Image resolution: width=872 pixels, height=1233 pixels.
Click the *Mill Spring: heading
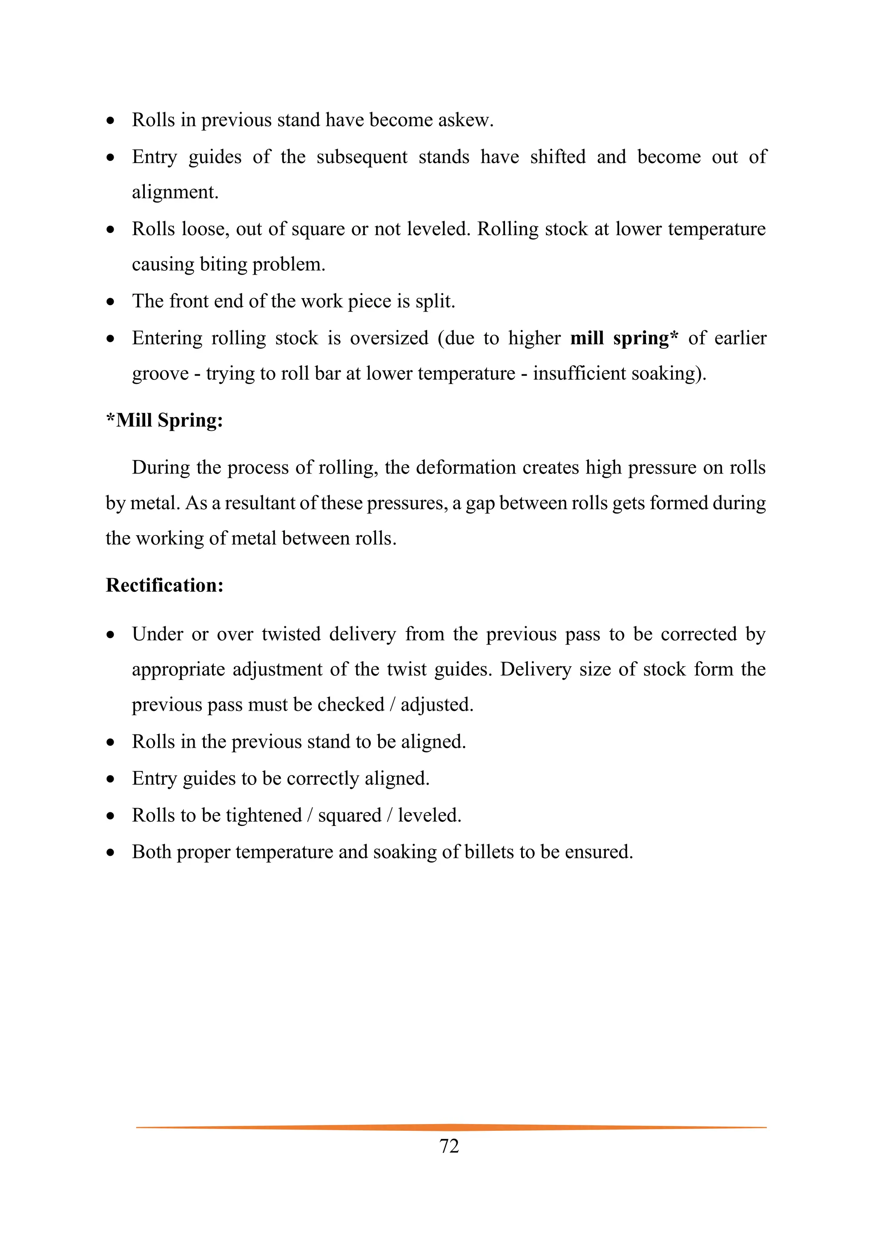coord(164,420)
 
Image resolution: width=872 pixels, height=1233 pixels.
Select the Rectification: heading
coord(164,585)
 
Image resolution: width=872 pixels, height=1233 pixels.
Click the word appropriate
coord(178,670)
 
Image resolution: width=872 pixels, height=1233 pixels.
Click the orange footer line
coord(451,1127)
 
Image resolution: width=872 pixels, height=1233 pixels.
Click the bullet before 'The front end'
coord(111,302)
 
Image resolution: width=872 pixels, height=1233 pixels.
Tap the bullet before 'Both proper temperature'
coord(111,853)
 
